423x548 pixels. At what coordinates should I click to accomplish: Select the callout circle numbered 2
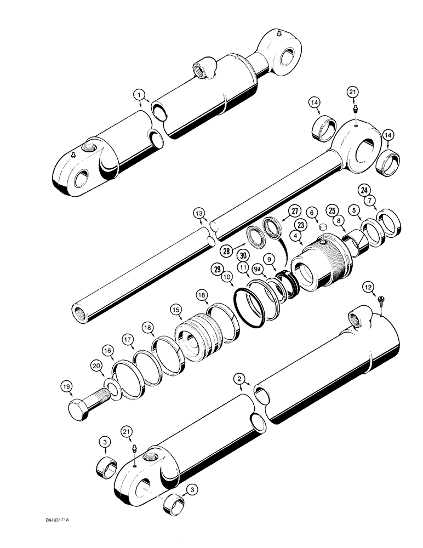(x=238, y=378)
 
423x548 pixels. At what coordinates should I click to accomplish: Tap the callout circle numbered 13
(x=198, y=213)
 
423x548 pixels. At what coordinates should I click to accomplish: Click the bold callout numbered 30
(x=243, y=255)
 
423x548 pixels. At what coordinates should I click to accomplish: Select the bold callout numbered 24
(x=364, y=190)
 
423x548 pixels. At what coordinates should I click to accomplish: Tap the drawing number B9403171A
(x=46, y=531)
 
